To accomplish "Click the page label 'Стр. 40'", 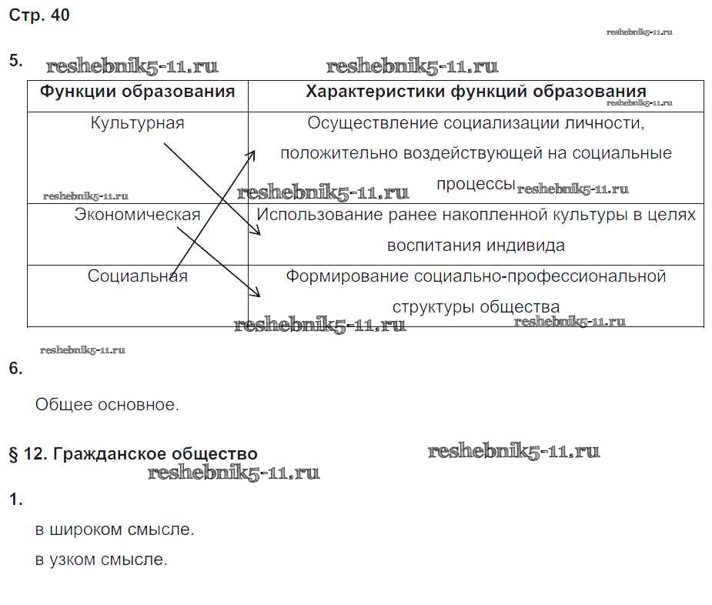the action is (39, 15).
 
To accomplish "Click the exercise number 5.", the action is (16, 60).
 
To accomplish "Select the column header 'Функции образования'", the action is (138, 92).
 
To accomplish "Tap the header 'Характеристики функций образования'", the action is (476, 92).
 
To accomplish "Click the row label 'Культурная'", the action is (138, 123).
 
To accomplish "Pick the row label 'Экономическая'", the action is (138, 215).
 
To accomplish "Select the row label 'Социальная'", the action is (138, 276).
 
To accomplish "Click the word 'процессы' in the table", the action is (476, 185).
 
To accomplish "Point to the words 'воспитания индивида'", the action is (476, 246).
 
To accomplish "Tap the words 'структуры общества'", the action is (476, 307).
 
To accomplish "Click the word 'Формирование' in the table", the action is (347, 276).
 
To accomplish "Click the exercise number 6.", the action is (16, 369).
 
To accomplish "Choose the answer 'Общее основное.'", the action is (107, 404).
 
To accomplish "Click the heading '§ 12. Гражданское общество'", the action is (133, 454).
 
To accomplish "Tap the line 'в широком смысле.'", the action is (115, 530).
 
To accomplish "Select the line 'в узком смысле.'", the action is (102, 560).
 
